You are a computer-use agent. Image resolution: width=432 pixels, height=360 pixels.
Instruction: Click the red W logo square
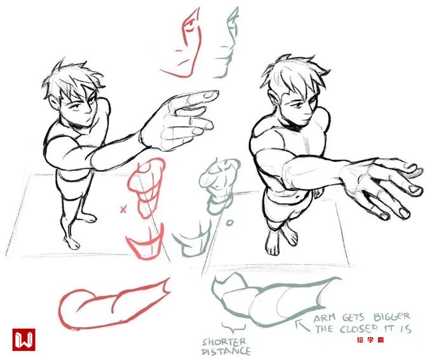click(x=24, y=339)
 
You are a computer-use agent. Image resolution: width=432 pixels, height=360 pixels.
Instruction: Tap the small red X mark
click(x=123, y=210)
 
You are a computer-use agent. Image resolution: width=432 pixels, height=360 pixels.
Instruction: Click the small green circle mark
click(x=229, y=222)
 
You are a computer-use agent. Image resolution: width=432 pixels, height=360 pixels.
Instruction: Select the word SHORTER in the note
click(x=224, y=342)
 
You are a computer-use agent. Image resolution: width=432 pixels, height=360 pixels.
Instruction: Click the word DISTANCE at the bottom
click(x=226, y=351)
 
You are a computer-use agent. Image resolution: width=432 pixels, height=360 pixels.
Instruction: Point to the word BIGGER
click(x=391, y=317)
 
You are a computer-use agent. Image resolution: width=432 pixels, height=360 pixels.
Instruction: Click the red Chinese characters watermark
click(x=370, y=340)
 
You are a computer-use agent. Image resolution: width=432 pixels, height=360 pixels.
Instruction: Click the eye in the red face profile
click(x=189, y=28)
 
